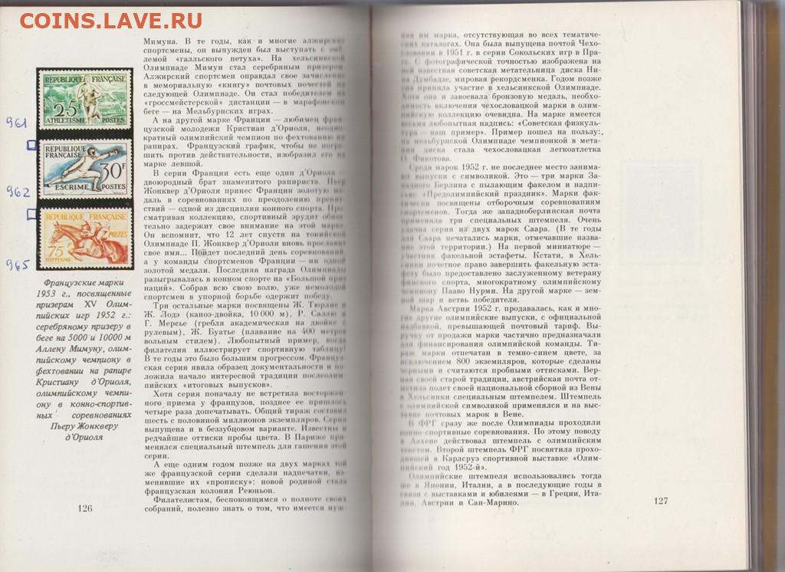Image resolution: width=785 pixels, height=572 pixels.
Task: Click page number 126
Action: tap(85, 508)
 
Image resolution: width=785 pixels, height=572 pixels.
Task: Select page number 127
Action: tap(661, 501)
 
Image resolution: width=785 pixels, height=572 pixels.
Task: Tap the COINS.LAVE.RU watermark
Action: tap(110, 20)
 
